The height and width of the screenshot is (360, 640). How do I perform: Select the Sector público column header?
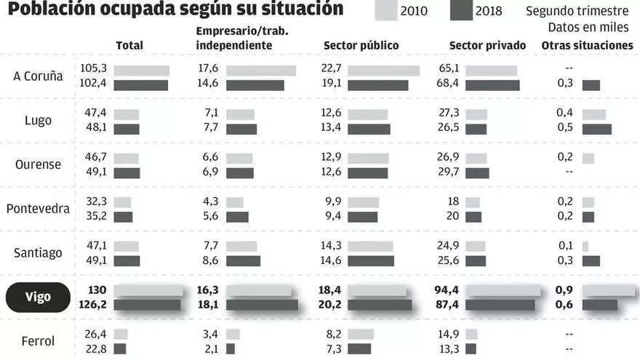tap(361, 45)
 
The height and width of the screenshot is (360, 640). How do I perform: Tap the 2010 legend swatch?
tap(396, 10)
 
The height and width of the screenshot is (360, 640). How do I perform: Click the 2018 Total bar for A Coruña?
tap(141, 85)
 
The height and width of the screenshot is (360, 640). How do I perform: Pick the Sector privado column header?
tap(487, 45)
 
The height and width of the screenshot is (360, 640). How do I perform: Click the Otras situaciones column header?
tap(587, 45)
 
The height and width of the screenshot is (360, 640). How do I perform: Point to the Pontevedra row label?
tap(38, 209)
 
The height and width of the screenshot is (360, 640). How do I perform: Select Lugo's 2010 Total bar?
tap(127, 114)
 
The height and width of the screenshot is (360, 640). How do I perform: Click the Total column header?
tap(129, 45)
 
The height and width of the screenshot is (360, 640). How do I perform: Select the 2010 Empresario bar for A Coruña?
tap(261, 71)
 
